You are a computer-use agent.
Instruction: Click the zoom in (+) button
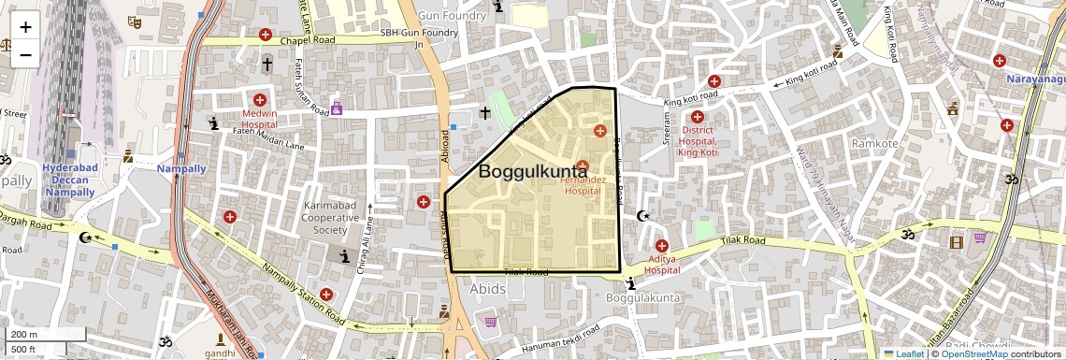click(x=25, y=27)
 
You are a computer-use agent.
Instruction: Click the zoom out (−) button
click(x=25, y=54)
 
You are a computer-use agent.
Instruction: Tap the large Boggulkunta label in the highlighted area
click(x=533, y=171)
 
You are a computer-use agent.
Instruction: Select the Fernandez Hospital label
click(x=595, y=184)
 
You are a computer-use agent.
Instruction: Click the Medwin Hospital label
click(x=259, y=118)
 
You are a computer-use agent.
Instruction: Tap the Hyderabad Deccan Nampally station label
click(x=70, y=180)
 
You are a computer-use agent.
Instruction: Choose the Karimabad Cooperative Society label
click(x=330, y=217)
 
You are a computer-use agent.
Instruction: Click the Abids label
click(x=488, y=289)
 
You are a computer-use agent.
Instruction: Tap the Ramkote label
click(x=874, y=143)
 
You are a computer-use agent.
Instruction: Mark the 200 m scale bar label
click(x=23, y=335)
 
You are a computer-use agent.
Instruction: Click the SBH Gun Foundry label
click(x=419, y=33)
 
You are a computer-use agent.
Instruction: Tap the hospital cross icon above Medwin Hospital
click(x=259, y=100)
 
